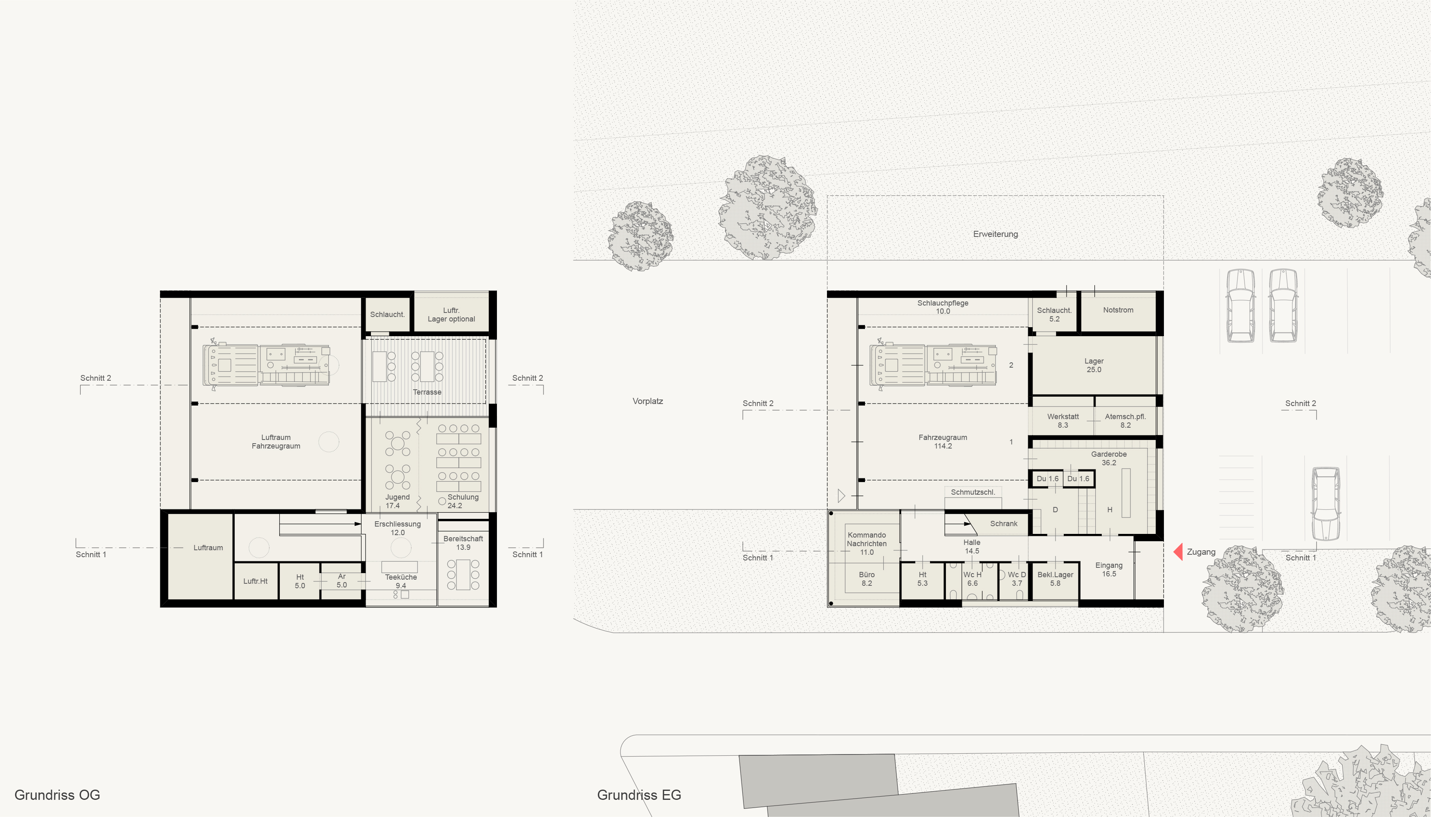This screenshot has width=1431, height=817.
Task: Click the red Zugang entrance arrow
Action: coord(1178,551)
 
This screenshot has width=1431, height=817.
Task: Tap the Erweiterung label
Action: coord(995,234)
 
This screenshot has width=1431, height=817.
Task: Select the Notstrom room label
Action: coord(1118,310)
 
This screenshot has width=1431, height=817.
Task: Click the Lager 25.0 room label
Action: coord(1094,365)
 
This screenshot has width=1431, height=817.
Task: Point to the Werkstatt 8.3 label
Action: coord(1063,421)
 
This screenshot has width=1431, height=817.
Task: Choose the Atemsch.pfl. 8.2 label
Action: coord(1125,421)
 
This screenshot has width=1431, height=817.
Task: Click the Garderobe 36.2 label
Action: coord(1109,458)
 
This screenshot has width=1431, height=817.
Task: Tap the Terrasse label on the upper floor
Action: coord(427,392)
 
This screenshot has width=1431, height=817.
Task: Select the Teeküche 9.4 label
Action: coord(400,581)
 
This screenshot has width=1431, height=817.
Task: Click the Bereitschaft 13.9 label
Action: coord(463,542)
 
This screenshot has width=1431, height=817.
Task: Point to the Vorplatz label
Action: coord(647,401)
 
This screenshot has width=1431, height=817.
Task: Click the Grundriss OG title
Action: coord(57,795)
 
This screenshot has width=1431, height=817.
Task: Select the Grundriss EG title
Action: coord(639,795)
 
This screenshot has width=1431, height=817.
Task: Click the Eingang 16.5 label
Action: coord(1109,569)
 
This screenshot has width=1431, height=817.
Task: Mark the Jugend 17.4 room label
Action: coord(397,502)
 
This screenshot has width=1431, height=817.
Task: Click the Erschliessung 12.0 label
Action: coord(397,529)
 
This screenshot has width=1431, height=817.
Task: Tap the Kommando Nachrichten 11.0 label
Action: coord(867,544)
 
